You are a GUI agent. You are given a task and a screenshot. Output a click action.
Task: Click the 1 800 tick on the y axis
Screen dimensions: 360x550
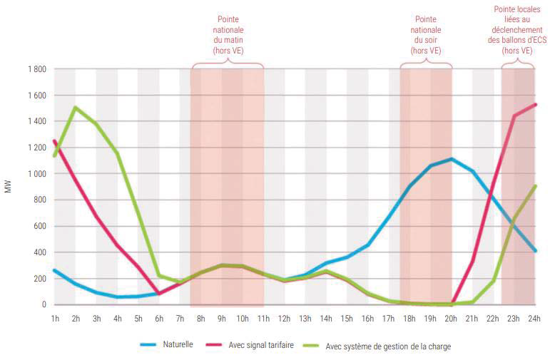tap(36, 69)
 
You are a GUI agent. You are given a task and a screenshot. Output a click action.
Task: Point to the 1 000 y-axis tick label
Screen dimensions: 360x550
tap(36, 174)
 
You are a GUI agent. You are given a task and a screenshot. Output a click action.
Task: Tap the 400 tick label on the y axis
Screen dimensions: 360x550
tap(39, 252)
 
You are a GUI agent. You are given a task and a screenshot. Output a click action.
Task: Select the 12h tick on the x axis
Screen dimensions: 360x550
tap(285, 318)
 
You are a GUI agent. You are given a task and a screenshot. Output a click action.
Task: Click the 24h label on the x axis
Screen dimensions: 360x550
tap(535, 318)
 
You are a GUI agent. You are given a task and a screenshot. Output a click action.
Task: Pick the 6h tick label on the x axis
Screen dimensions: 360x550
tap(159, 318)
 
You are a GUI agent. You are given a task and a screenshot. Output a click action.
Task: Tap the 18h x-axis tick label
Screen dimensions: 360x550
tap(409, 318)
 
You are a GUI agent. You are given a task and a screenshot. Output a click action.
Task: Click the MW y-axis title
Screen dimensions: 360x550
tap(9, 187)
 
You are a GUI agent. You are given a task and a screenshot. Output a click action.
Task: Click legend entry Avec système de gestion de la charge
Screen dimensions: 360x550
tap(387, 346)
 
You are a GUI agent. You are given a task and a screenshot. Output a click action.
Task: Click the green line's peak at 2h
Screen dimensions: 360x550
tap(76, 108)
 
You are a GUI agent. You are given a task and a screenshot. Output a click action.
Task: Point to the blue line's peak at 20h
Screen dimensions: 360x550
tap(452, 159)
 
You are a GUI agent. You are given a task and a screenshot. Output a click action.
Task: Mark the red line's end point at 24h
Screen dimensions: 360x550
tap(535, 105)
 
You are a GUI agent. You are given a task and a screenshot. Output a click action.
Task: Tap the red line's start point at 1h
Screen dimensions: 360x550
tap(55, 141)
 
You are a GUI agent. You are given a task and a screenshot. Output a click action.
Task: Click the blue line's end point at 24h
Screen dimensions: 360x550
tap(535, 251)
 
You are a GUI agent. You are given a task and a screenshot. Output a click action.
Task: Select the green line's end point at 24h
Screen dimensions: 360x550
tap(535, 186)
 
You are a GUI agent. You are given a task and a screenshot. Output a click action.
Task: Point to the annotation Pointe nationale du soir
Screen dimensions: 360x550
tap(426, 36)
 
